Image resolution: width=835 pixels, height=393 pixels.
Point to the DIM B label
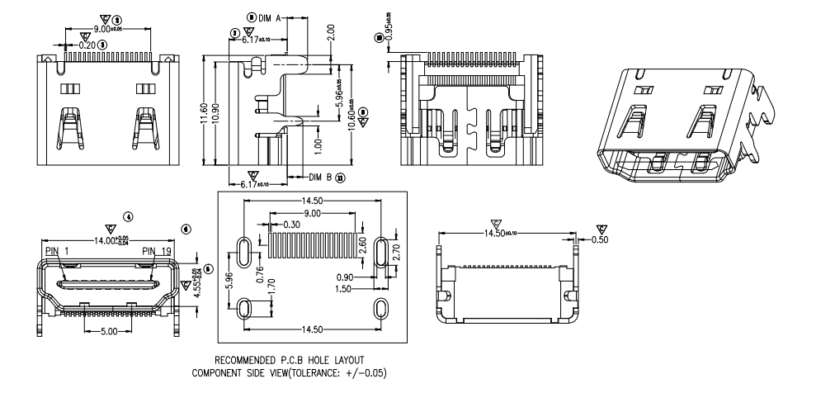tap(321, 178)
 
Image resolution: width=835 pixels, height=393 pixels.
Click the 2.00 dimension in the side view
tap(330, 34)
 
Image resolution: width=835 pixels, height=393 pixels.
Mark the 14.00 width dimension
tap(104, 239)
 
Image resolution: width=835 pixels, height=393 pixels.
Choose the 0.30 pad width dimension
tap(290, 225)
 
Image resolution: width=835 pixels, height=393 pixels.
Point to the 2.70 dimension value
tap(396, 252)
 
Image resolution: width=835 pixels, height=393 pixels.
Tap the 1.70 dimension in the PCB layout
tap(271, 289)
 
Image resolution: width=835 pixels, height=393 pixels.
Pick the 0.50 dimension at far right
tap(601, 240)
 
